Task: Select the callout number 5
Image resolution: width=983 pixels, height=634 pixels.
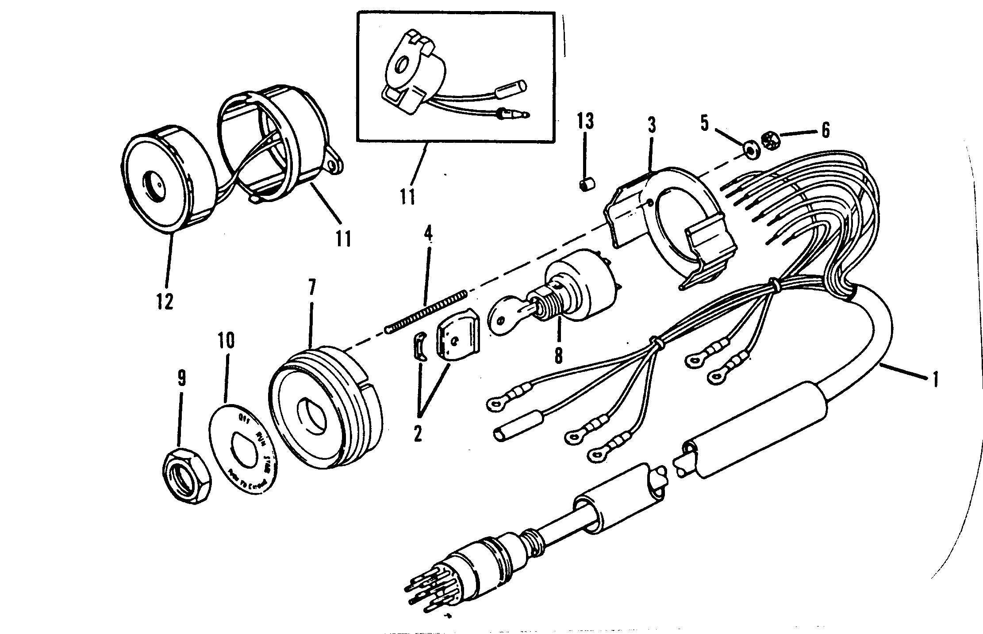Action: click(x=704, y=123)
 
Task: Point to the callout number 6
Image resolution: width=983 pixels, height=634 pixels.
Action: click(x=825, y=130)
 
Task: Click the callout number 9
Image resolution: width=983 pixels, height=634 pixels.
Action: click(x=181, y=378)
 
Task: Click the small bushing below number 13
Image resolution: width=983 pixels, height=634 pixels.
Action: click(x=587, y=184)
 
